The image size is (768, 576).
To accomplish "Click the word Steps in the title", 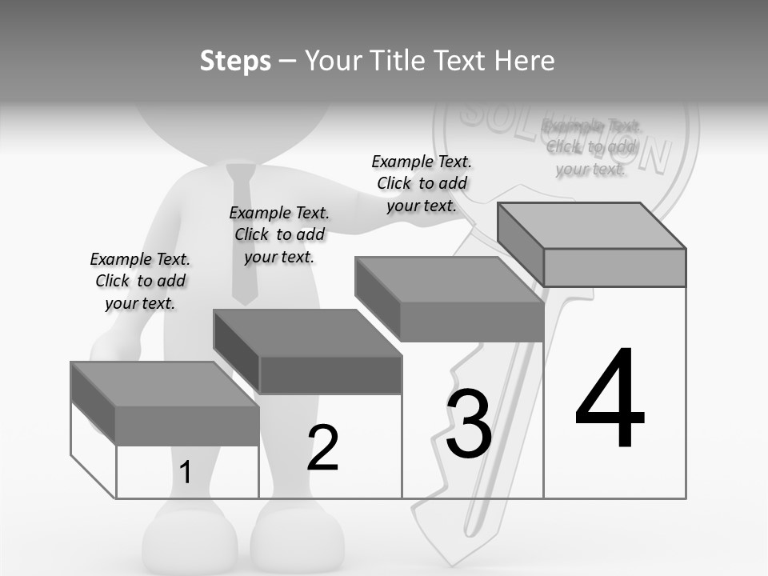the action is tap(235, 61).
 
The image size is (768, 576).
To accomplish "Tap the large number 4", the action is tap(610, 399).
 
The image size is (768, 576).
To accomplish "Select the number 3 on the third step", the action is tap(469, 425).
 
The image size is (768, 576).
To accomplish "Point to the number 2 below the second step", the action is tap(323, 448).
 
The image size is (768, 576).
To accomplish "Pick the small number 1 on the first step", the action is tap(186, 473).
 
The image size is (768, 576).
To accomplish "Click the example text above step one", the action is tap(140, 281).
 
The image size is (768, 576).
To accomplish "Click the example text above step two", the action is tap(279, 234).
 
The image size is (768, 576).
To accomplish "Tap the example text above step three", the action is tap(422, 183).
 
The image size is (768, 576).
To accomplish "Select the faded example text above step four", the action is tap(592, 147).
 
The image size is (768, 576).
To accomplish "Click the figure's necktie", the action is tap(241, 232).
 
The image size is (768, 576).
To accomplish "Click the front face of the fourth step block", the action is tap(614, 267).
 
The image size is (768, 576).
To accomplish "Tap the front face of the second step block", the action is tap(330, 374).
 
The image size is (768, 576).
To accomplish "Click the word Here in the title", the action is tap(525, 61).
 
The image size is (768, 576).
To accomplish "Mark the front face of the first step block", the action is tap(187, 425).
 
